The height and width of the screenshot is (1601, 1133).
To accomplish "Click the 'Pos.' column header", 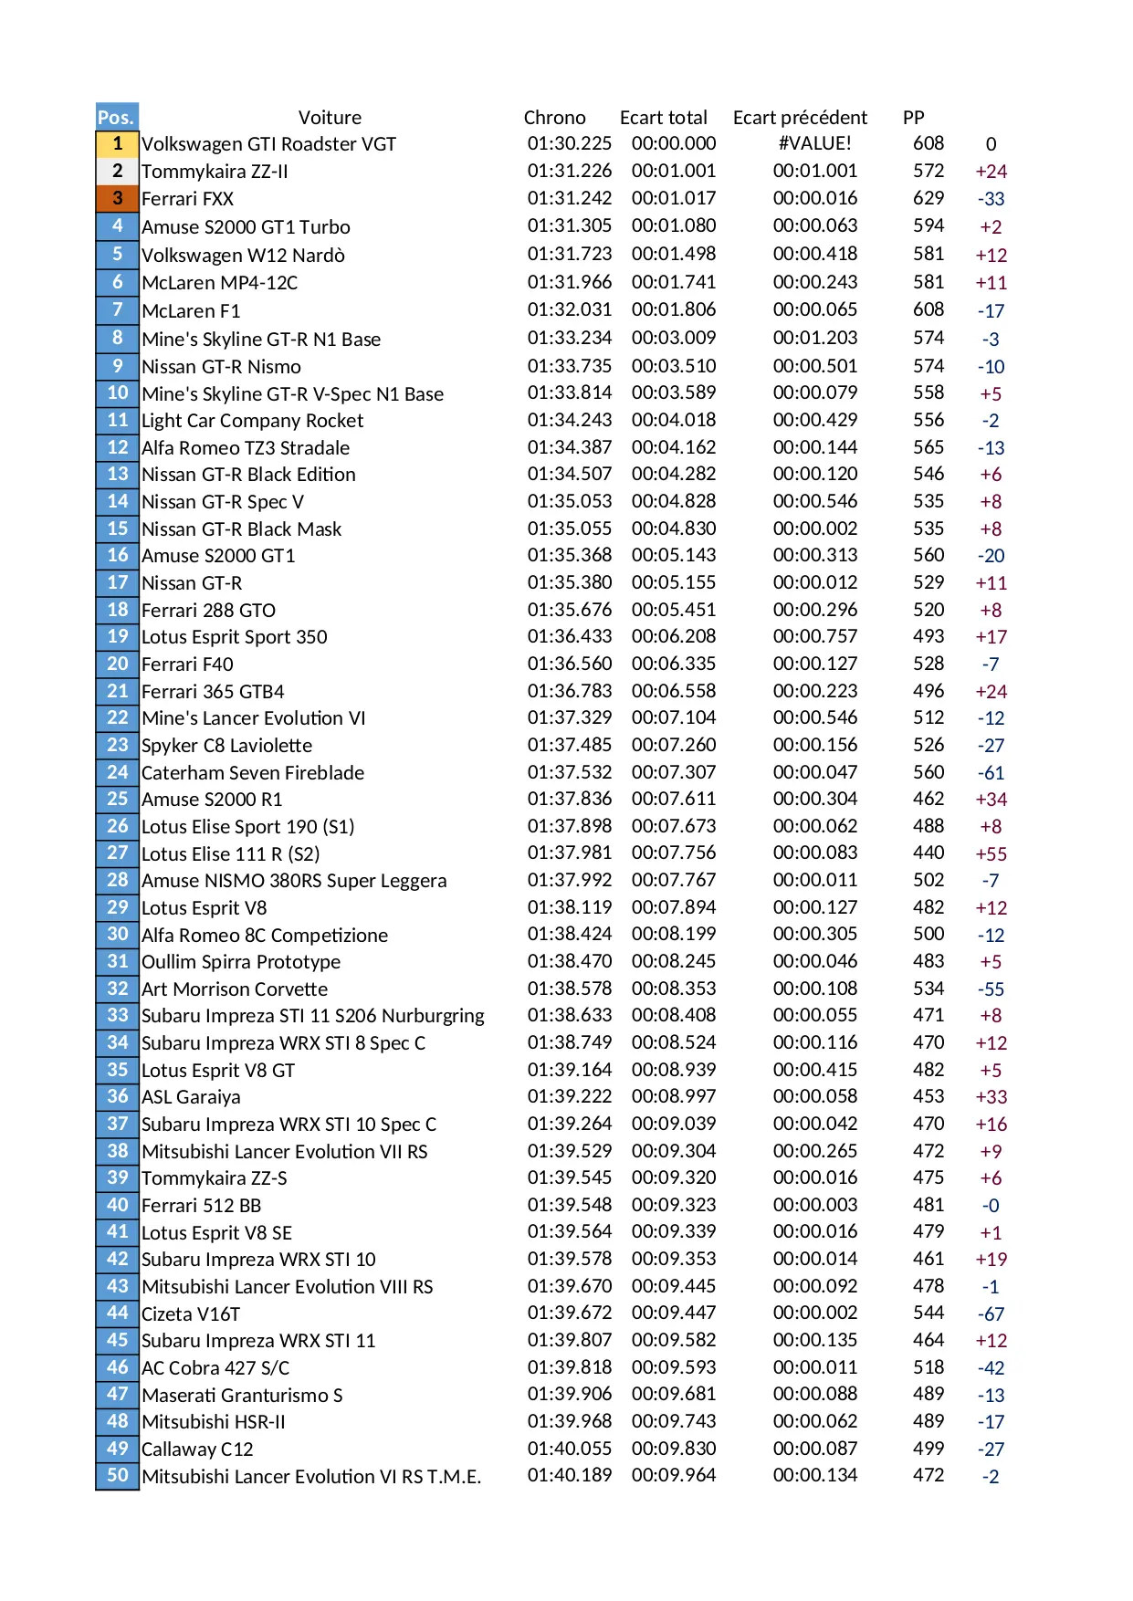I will tap(116, 117).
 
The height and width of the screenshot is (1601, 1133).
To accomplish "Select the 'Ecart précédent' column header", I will tap(800, 118).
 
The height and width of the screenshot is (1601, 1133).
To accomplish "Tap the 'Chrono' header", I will tap(554, 118).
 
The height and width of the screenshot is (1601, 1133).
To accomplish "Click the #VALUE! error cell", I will tap(814, 143).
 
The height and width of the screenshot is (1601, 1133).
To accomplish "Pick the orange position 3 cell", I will tap(117, 198).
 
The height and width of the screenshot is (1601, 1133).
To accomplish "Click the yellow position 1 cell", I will tap(117, 143).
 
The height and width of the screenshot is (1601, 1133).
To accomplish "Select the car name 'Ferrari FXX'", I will tap(187, 199).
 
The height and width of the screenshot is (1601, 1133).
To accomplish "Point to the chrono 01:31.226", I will tap(569, 171).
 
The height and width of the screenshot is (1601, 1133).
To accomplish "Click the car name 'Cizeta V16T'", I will tap(191, 1313).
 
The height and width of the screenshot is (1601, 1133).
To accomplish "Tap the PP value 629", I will tap(928, 198).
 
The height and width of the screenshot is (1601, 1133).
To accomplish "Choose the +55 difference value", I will tap(991, 854).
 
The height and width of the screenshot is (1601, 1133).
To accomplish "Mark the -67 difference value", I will tap(991, 1314).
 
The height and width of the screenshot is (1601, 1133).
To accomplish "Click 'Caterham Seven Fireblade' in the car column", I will tap(253, 773).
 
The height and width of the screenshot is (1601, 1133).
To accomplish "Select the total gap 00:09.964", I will tap(674, 1475).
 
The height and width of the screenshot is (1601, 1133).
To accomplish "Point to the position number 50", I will tap(117, 1475).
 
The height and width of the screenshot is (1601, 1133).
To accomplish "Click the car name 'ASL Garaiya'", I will tap(191, 1097).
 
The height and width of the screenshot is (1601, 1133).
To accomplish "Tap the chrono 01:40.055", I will tap(569, 1449).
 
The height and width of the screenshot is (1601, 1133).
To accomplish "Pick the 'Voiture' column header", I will tap(330, 118).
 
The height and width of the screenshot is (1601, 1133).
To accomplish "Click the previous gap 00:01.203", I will tap(814, 338).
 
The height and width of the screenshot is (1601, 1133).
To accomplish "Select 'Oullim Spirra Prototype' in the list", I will tap(241, 962).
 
